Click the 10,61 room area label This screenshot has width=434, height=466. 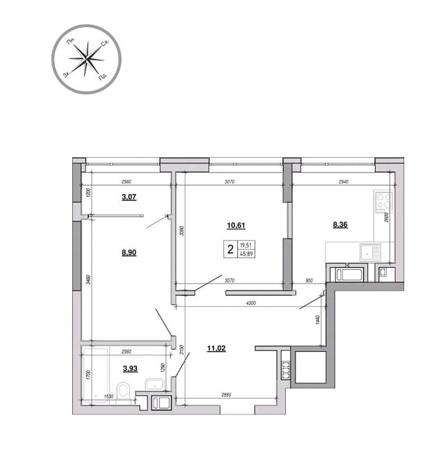[236, 225]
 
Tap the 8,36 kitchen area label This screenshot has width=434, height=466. [340, 225]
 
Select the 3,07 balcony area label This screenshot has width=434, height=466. [129, 197]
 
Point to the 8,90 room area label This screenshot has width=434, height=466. [129, 252]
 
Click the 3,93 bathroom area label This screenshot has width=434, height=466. [130, 369]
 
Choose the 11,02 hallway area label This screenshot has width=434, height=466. [216, 348]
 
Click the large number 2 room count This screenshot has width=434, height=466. [230, 250]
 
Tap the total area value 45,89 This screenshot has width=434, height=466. [246, 254]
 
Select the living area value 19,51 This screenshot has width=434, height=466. [246, 246]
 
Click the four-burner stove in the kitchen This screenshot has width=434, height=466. [384, 201]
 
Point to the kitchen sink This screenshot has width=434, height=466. [370, 252]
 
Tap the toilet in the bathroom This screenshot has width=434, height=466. [122, 391]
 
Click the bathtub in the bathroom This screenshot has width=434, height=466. [95, 375]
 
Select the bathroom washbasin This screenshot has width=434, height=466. [155, 384]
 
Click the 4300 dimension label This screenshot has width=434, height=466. [251, 303]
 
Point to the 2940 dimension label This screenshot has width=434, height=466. [344, 182]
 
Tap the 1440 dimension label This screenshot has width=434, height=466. [317, 320]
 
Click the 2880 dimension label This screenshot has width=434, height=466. [226, 394]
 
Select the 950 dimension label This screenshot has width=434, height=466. [309, 280]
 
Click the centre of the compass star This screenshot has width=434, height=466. [86, 59]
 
